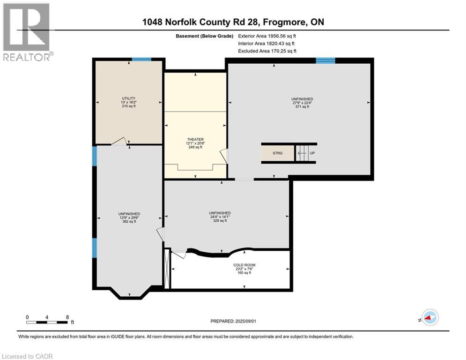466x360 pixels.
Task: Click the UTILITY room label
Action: click(129, 98)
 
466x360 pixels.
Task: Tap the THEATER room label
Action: click(195, 139)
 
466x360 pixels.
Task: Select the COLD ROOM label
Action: click(244, 265)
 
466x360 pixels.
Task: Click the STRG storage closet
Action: click(278, 153)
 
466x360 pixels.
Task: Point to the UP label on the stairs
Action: click(312, 153)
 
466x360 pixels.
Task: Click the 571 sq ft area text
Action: click(302, 106)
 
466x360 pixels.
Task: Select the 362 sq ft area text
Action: click(129, 221)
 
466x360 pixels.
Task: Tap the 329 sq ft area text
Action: click(220, 221)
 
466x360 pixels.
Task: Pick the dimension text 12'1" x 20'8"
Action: click(195, 143)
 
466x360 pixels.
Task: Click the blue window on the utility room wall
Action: click(141, 59)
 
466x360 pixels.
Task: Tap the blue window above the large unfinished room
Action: click(325, 60)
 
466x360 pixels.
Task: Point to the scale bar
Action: click(47, 322)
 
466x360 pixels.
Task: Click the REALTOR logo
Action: click(27, 32)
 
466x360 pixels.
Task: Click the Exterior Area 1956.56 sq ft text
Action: click(267, 36)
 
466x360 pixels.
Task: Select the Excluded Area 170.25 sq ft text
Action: click(267, 51)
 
